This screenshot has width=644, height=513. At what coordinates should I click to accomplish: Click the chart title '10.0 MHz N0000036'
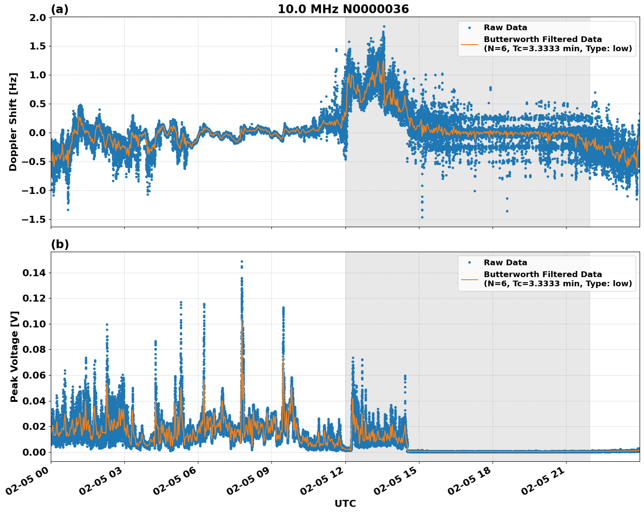click(x=343, y=9)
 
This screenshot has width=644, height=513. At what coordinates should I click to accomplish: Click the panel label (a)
click(x=60, y=9)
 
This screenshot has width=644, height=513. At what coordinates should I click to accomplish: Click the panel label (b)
click(x=60, y=244)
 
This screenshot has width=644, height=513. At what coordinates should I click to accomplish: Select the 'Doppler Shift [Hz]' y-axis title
click(x=13, y=122)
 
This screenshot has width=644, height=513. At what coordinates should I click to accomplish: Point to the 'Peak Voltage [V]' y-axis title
click(x=14, y=357)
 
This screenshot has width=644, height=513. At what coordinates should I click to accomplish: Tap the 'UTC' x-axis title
click(x=345, y=503)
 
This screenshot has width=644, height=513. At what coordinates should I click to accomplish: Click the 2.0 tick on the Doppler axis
click(x=37, y=18)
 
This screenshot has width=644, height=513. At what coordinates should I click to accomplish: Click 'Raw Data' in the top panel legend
click(x=505, y=28)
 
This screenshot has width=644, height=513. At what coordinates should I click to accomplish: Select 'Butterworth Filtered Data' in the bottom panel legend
click(x=542, y=274)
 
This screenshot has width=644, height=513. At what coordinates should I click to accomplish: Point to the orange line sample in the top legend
click(x=469, y=44)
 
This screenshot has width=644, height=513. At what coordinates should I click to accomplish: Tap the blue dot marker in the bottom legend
click(x=469, y=263)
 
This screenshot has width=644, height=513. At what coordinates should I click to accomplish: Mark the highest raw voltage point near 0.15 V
click(x=242, y=261)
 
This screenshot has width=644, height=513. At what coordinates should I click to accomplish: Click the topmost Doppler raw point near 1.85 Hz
click(x=384, y=27)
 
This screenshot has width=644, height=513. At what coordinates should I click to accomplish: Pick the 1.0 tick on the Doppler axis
click(x=37, y=75)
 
